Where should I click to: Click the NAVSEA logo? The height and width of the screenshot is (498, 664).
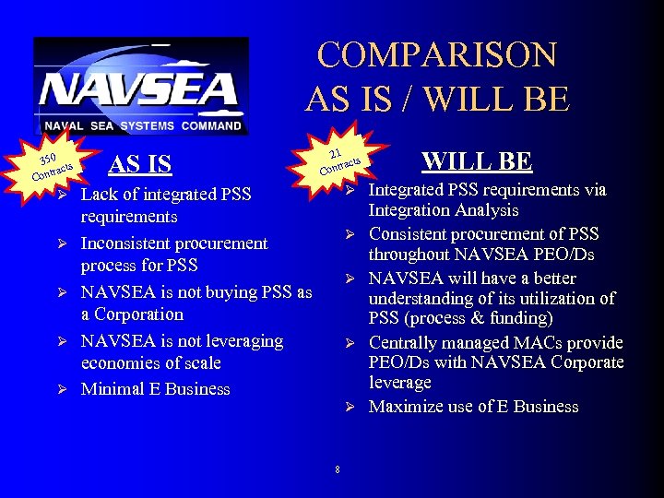[140, 87]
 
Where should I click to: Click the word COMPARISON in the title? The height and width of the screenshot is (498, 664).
[437, 55]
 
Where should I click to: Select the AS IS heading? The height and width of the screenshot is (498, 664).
[139, 165]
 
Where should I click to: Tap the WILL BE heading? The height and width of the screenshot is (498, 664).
[476, 161]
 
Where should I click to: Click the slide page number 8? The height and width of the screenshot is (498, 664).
[337, 470]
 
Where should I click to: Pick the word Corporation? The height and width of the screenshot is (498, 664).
[132, 314]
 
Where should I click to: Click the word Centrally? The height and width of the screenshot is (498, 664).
[402, 343]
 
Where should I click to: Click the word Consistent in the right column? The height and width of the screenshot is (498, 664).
[409, 234]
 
